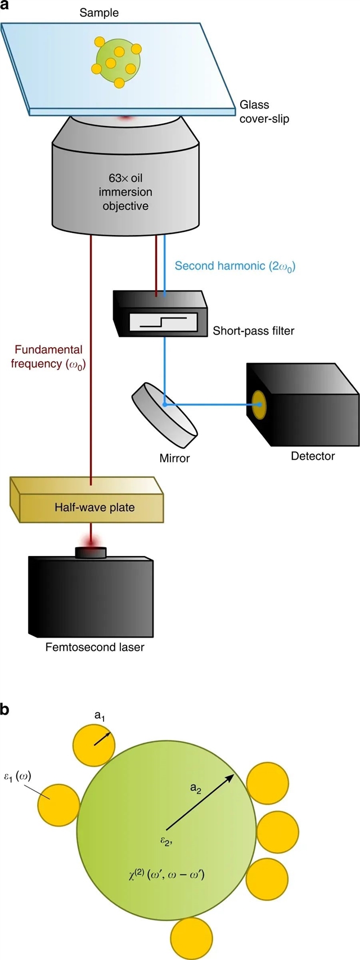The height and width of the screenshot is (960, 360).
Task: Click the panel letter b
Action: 5,711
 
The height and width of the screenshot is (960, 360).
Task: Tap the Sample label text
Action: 99,12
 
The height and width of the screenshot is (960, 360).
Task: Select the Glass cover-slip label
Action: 264,111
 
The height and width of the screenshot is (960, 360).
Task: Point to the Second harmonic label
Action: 235,266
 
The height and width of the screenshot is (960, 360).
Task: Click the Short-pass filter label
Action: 253,331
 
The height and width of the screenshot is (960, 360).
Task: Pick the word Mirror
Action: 174,458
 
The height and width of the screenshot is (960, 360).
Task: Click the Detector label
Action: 312,456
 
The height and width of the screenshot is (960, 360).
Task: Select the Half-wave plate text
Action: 94,508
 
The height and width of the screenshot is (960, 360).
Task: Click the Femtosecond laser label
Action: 94,647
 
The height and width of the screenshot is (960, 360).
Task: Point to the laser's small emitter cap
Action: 90,553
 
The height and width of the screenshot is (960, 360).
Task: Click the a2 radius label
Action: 196,788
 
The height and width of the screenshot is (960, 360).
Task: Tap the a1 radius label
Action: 99,716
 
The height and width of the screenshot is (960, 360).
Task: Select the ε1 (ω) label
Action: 18,777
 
